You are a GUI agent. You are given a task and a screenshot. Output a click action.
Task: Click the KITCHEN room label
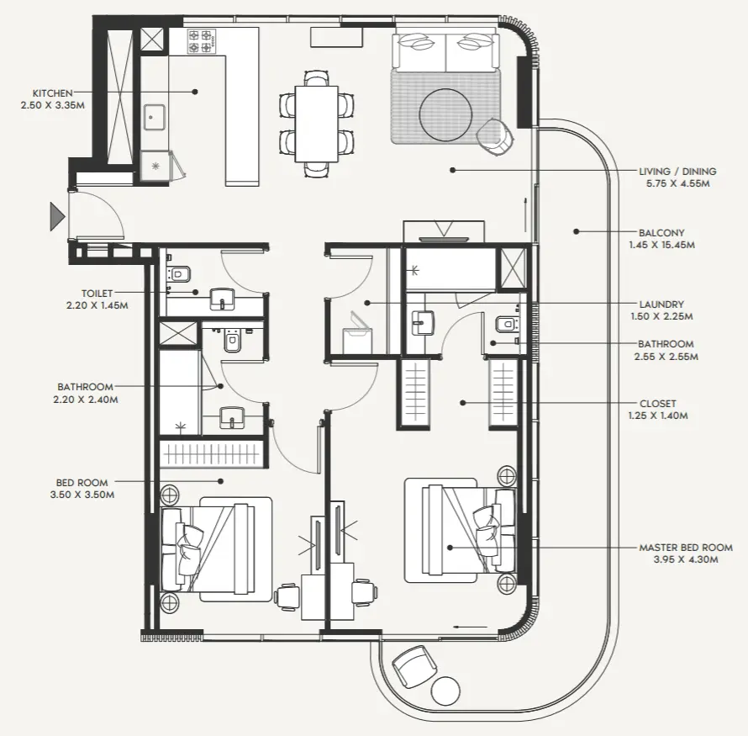[52, 93]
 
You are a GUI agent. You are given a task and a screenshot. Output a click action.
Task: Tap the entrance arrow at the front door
[57, 216]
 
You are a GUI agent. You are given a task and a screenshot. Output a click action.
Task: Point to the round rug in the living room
[445, 113]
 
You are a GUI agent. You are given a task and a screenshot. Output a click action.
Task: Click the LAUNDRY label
[661, 304]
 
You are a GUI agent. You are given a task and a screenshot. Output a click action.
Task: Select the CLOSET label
[656, 404]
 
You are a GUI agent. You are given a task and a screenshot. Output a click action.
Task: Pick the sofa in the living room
[445, 53]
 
